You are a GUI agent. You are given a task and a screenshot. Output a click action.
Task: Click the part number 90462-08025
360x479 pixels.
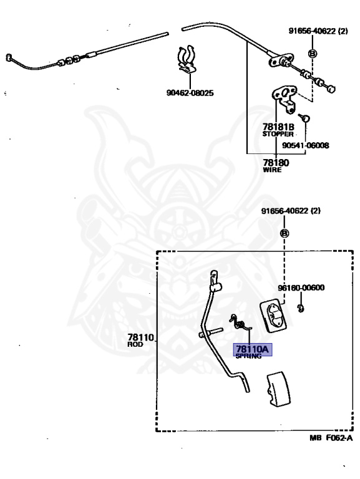pyautogui.click(x=190, y=93)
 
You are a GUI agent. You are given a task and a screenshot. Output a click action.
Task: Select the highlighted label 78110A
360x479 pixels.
pyautogui.click(x=253, y=349)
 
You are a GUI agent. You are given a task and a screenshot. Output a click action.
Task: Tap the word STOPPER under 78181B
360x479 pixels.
pyautogui.click(x=278, y=134)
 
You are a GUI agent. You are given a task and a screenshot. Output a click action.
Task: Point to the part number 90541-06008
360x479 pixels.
pyautogui.click(x=305, y=145)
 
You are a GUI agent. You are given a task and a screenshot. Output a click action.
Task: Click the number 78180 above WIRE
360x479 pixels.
pyautogui.click(x=276, y=163)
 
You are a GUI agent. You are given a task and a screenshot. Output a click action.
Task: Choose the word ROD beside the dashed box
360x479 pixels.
pyautogui.click(x=135, y=344)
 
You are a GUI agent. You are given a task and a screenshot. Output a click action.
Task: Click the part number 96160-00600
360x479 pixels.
pyautogui.click(x=301, y=288)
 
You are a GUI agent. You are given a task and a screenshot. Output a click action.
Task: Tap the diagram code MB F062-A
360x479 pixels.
pyautogui.click(x=331, y=438)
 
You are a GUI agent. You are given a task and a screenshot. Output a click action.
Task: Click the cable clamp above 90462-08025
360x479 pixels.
pyautogui.click(x=187, y=60)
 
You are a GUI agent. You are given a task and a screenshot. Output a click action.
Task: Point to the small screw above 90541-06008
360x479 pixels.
pyautogui.click(x=304, y=117)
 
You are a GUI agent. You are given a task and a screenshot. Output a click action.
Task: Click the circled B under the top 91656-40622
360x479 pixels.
pyautogui.click(x=312, y=54)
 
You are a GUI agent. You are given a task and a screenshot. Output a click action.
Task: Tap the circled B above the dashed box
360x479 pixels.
pyautogui.click(x=285, y=233)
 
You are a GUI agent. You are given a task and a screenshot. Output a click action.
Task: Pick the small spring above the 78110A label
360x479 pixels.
pyautogui.click(x=240, y=323)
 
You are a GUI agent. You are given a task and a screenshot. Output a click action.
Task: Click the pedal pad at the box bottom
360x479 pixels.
pyautogui.click(x=278, y=389)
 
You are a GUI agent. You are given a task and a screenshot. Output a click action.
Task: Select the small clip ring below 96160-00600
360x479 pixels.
pyautogui.click(x=301, y=309)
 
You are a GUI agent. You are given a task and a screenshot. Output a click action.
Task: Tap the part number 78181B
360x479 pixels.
pyautogui.click(x=278, y=127)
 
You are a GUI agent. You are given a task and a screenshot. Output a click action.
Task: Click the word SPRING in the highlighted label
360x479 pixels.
pyautogui.click(x=248, y=356)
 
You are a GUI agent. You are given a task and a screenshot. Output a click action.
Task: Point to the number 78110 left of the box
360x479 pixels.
pyautogui.click(x=140, y=337)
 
